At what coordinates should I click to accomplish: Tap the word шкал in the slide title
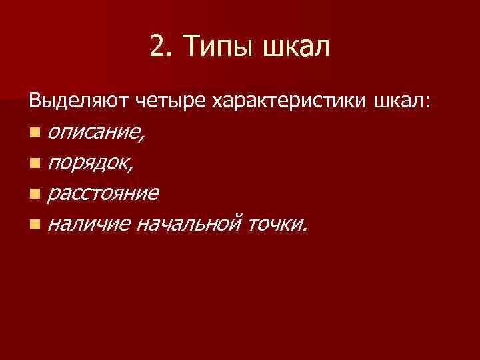(296, 47)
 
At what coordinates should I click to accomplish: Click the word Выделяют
(80, 102)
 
